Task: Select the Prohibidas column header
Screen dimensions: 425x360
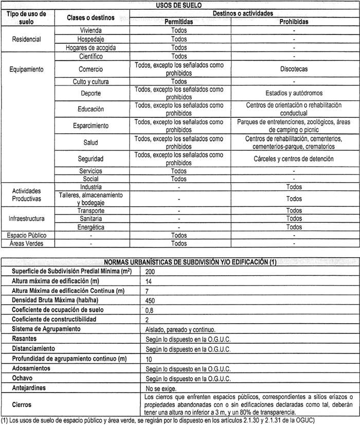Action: [294, 22]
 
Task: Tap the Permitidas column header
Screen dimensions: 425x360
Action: [179, 22]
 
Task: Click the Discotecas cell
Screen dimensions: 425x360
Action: [294, 68]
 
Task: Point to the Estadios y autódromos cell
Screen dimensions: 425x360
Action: [294, 94]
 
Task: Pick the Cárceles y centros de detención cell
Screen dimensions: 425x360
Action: [294, 158]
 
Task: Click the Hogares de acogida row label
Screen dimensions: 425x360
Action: [91, 47]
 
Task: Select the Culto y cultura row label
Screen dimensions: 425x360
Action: [91, 81]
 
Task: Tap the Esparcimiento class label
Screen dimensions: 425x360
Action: [91, 126]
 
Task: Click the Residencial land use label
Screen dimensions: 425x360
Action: [27, 39]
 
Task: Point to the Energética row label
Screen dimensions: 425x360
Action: [91, 227]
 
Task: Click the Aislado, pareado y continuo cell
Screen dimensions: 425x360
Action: [176, 330]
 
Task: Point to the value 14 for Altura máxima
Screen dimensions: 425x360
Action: [150, 280]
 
